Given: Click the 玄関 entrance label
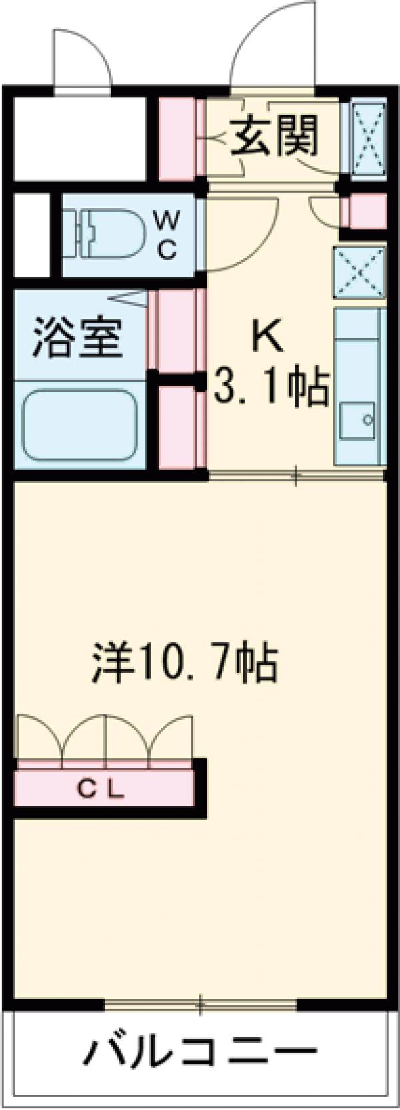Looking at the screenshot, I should tap(275, 135).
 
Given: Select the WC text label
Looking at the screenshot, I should tap(167, 234).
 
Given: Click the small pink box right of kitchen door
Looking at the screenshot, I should tap(363, 212).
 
